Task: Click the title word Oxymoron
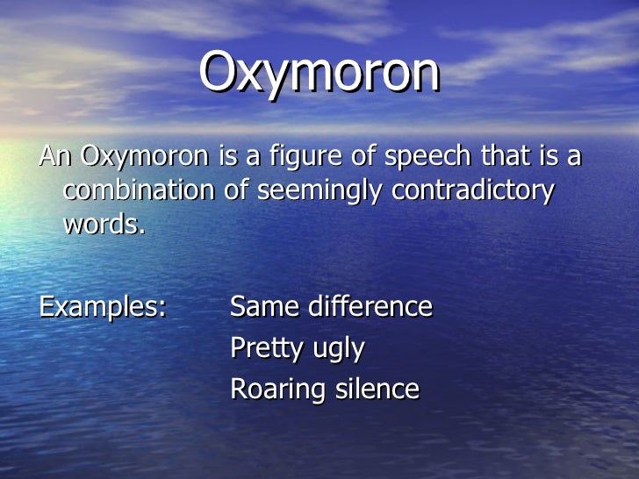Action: click(319, 74)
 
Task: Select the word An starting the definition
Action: click(54, 158)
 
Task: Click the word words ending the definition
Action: click(101, 225)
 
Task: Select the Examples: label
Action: click(103, 308)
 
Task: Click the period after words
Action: click(140, 232)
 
